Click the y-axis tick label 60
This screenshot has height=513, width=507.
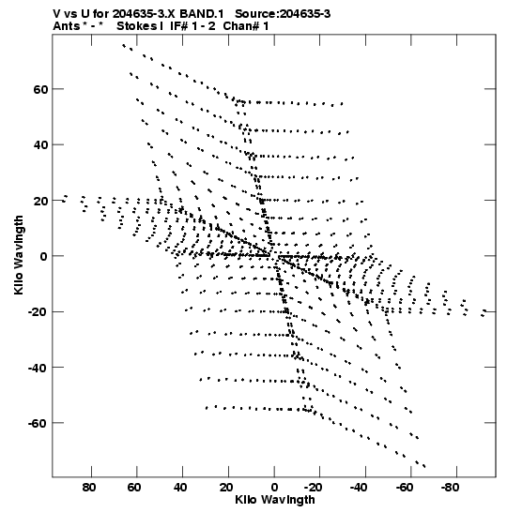pyautogui.click(x=40, y=89)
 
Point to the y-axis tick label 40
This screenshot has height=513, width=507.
pyautogui.click(x=40, y=144)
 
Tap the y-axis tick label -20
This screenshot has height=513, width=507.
pyautogui.click(x=38, y=311)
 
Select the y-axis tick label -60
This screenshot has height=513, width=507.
pyautogui.click(x=38, y=423)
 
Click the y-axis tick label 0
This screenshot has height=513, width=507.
pyautogui.click(x=44, y=256)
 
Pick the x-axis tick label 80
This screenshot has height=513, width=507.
pyautogui.click(x=89, y=488)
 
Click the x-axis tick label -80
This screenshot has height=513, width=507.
pyautogui.click(x=450, y=488)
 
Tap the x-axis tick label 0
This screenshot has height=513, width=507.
pyautogui.click(x=274, y=488)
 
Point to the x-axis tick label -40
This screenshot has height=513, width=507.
pyautogui.click(x=359, y=488)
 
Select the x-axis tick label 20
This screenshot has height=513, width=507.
pyautogui.click(x=226, y=488)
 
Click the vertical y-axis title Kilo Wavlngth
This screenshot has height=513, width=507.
pyautogui.click(x=19, y=255)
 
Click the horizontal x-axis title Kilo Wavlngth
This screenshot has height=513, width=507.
pyautogui.click(x=275, y=500)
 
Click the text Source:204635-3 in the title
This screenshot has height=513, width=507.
pyautogui.click(x=283, y=14)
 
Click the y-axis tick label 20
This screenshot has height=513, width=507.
pyautogui.click(x=40, y=201)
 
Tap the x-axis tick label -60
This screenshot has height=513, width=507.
pyautogui.click(x=404, y=488)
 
